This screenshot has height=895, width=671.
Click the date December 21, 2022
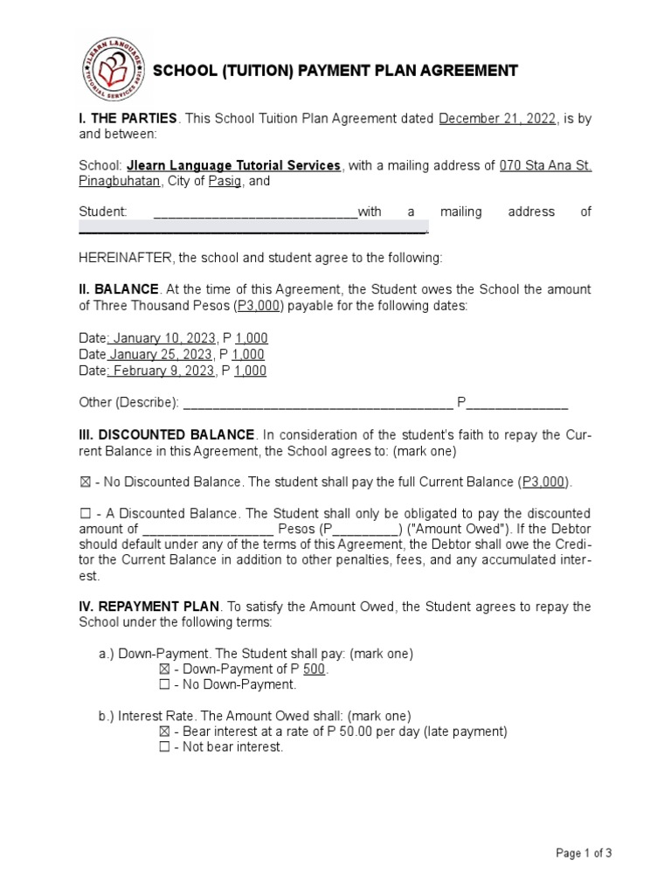pyautogui.click(x=497, y=119)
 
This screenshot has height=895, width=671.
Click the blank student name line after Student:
pyautogui.click(x=255, y=212)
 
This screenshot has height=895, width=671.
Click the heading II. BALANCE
pyautogui.click(x=119, y=288)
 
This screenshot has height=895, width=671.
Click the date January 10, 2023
pyautogui.click(x=160, y=338)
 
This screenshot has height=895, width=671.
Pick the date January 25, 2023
pyautogui.click(x=160, y=354)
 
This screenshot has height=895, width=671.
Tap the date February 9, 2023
pyautogui.click(x=162, y=371)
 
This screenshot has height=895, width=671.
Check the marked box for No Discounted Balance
pyautogui.click(x=85, y=482)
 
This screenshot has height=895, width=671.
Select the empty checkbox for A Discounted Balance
pyautogui.click(x=85, y=513)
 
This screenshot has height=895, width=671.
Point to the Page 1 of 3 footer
pyautogui.click(x=584, y=854)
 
